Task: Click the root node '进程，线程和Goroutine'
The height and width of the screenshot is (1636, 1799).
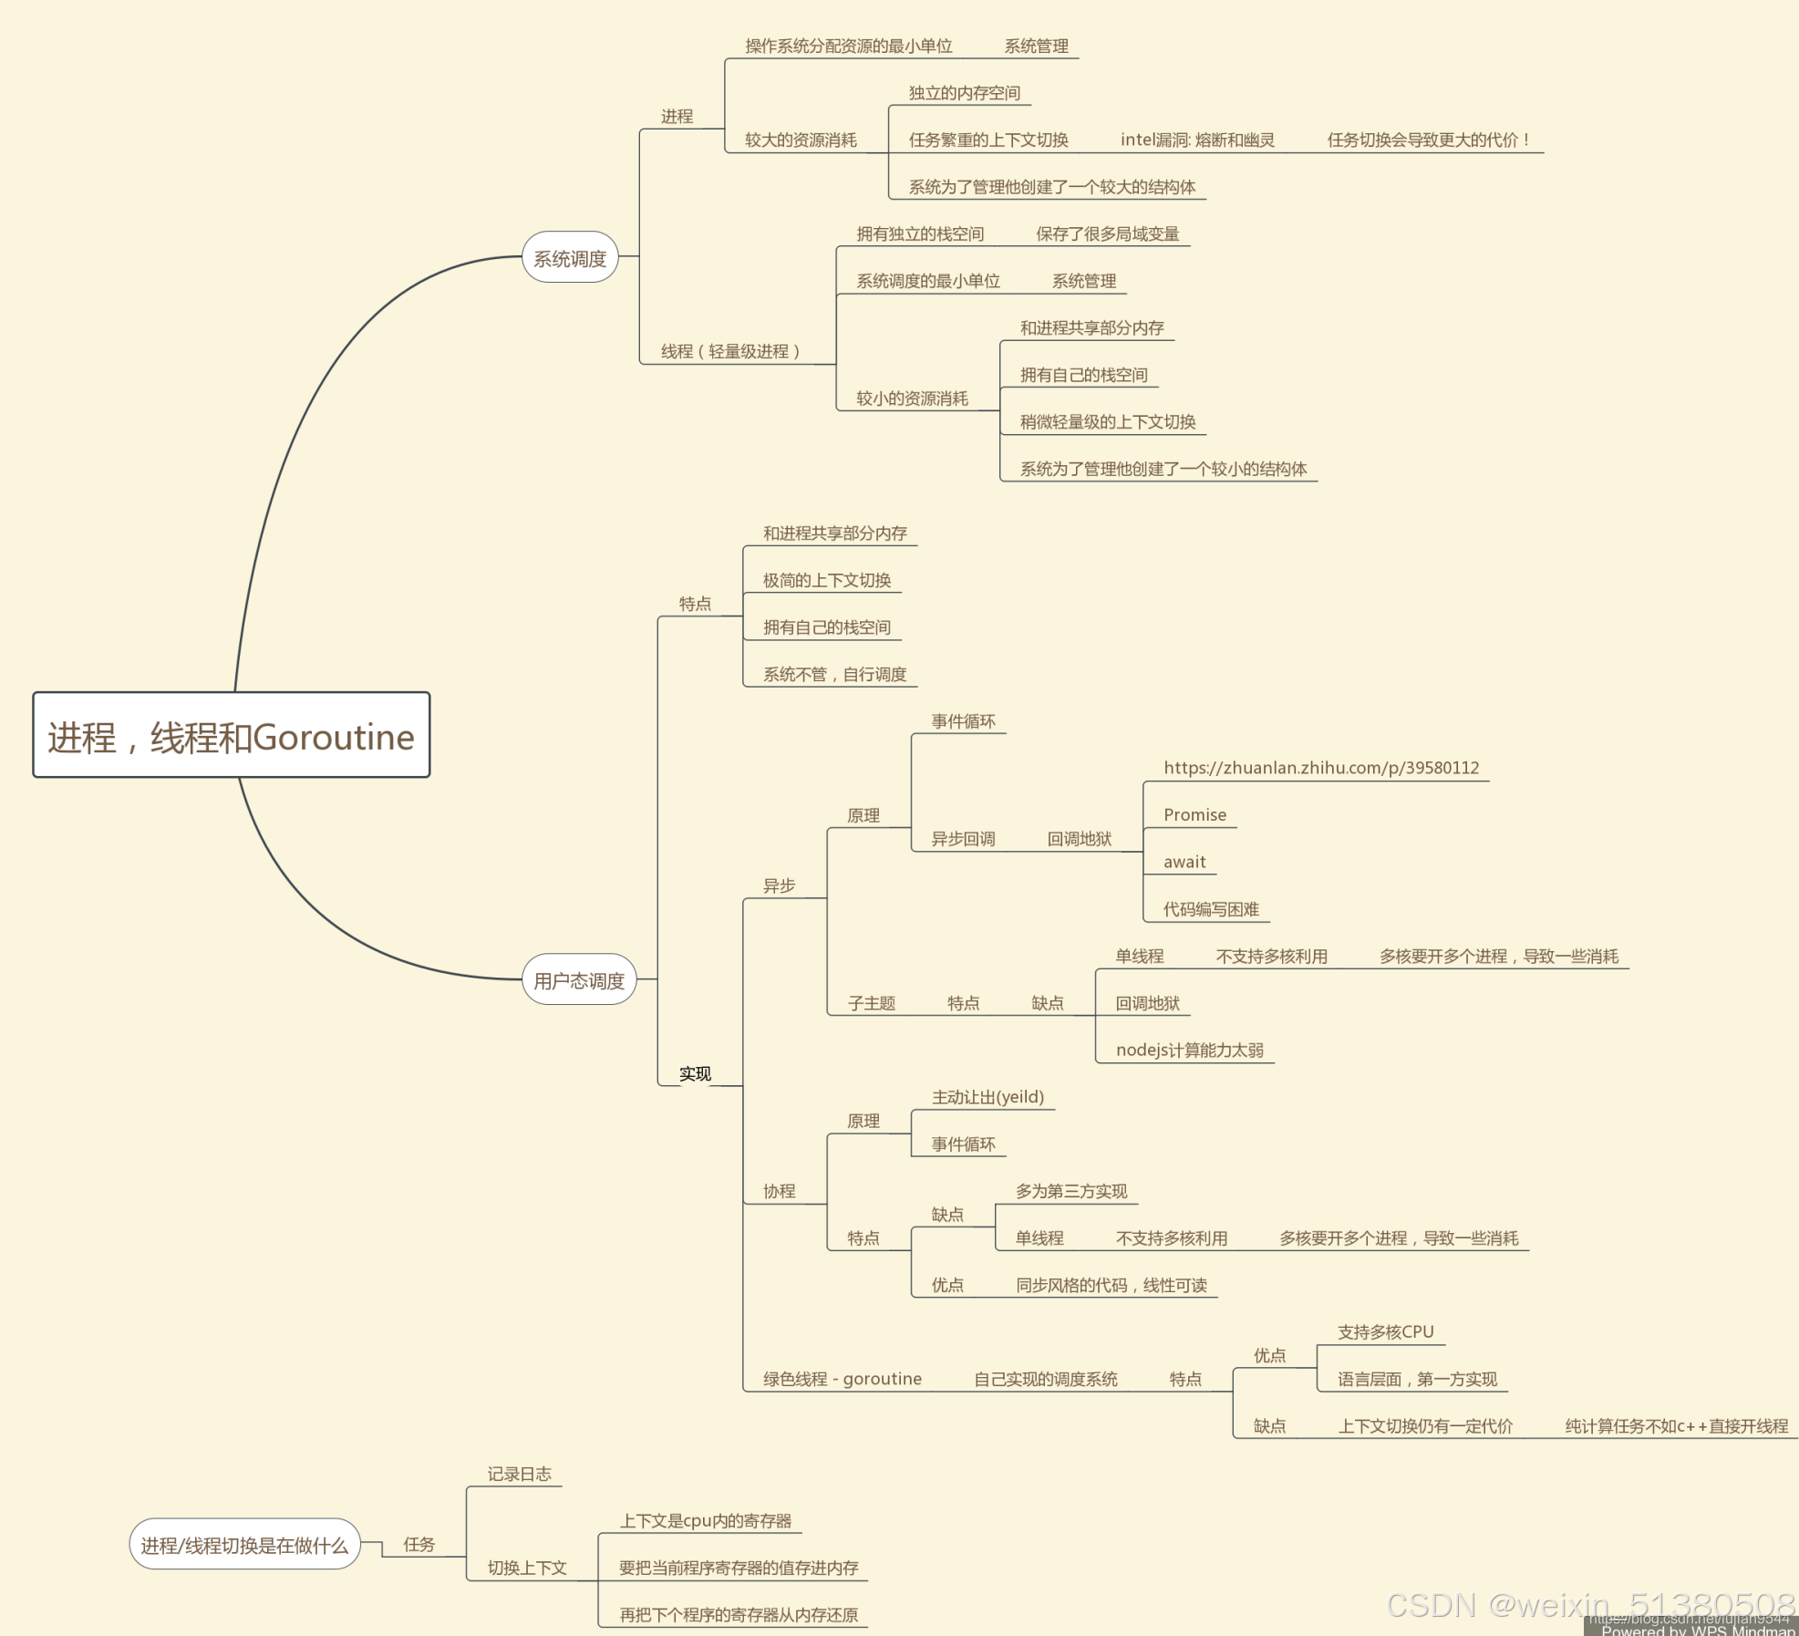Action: pos(231,736)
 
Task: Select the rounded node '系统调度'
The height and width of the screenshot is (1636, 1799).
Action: pos(570,258)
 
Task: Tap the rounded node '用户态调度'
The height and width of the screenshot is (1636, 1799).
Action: pos(579,980)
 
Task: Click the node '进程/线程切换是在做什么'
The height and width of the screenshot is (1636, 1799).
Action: pos(244,1545)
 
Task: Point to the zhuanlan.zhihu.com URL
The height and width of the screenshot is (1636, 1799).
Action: pos(1320,768)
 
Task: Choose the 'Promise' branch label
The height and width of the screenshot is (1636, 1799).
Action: pos(1194,814)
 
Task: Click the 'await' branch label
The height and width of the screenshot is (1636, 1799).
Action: pos(1184,862)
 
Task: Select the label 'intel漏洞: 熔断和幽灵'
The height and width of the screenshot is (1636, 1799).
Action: pos(1196,140)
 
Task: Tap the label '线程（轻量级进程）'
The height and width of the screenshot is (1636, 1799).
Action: pos(730,351)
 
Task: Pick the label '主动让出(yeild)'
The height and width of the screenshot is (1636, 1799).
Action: pos(987,1097)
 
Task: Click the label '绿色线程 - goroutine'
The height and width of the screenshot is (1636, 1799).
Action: pos(842,1379)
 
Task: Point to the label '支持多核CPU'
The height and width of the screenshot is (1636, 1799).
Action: pos(1385,1331)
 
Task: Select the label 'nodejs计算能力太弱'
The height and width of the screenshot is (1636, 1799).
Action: pos(1189,1050)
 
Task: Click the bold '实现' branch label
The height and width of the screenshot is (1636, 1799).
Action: pos(695,1073)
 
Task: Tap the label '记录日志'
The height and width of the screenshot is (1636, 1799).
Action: pos(519,1474)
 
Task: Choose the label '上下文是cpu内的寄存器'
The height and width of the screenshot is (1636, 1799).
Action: pos(705,1520)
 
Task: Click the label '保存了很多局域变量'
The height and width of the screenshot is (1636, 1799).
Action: pos(1107,233)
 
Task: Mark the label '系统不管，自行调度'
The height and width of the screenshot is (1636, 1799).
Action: pos(834,674)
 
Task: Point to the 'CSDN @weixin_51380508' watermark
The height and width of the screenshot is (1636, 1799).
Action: pos(1590,1604)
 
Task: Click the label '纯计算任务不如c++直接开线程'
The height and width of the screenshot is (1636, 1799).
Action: pos(1676,1426)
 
